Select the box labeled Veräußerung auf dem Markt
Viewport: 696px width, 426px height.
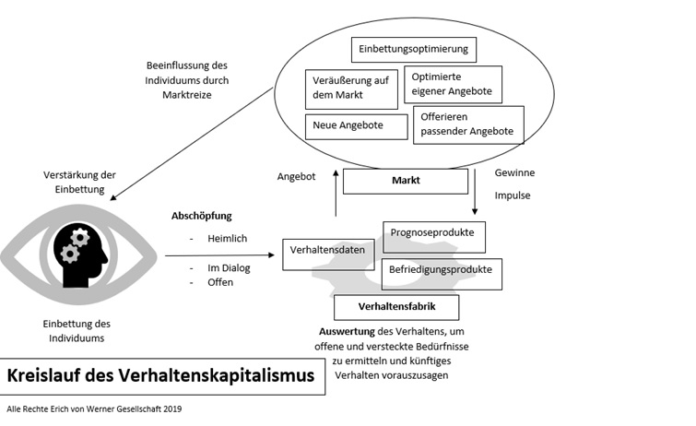click(347, 89)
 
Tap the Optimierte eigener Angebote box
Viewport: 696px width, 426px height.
click(453, 85)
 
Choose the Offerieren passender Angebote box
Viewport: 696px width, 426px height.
click(468, 125)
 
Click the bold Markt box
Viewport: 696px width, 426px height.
click(405, 181)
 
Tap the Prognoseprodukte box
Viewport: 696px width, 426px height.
click(433, 235)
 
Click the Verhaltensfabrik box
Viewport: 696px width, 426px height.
click(395, 306)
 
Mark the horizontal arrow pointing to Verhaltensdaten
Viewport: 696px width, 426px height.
click(220, 254)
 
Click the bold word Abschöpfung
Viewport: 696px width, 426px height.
click(202, 216)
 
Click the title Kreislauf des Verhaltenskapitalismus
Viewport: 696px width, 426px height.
click(160, 376)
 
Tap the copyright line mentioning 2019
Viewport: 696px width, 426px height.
click(96, 408)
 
